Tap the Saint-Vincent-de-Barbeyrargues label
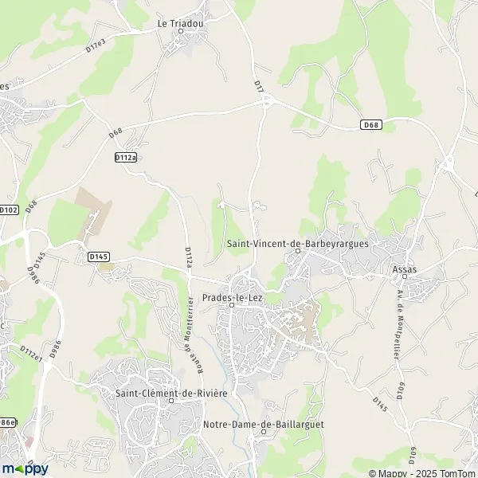297,243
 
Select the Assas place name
405,269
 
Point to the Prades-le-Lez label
231,296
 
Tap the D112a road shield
125,158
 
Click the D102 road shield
9,210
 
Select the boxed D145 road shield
98,257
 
